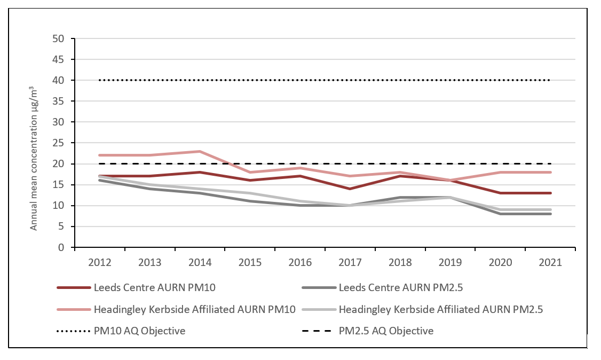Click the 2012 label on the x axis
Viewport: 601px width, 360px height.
pos(100,262)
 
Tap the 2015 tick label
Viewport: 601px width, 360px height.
pos(250,262)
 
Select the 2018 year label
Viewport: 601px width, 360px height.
pos(400,262)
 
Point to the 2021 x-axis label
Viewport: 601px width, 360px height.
pos(550,262)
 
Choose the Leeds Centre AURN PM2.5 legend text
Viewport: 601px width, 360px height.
pos(400,288)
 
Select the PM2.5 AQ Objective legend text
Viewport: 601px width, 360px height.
pos(386,331)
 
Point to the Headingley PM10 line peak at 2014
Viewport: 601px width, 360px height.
pos(200,152)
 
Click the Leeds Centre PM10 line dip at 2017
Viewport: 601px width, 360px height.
pos(350,189)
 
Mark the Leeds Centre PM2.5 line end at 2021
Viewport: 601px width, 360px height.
pos(550,214)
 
